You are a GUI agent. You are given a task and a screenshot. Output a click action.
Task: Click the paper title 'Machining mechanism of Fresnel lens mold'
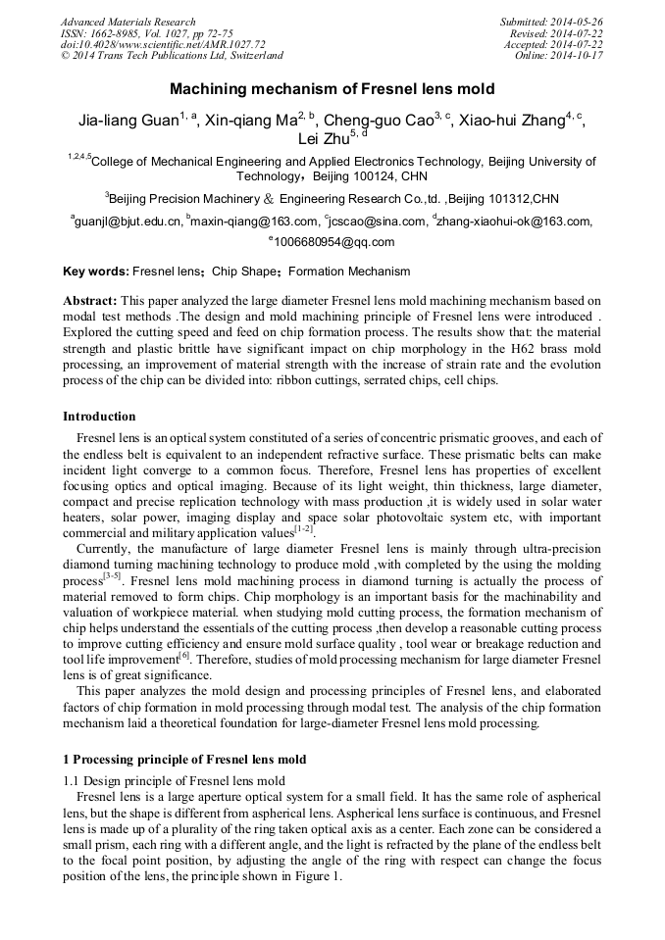(x=332, y=89)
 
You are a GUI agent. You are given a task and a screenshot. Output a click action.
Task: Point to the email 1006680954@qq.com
(x=334, y=242)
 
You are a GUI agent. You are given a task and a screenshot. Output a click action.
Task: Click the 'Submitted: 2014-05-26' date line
(x=551, y=22)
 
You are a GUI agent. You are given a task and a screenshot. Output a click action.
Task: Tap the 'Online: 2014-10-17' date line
(x=559, y=56)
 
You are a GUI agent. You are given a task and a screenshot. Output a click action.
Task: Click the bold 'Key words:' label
(x=95, y=272)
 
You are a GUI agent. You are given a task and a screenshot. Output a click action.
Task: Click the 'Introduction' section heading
(x=99, y=417)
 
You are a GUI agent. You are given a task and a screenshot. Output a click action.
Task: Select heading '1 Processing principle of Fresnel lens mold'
(x=184, y=759)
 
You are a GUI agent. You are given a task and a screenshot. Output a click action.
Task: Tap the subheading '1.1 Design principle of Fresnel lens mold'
(x=174, y=781)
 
